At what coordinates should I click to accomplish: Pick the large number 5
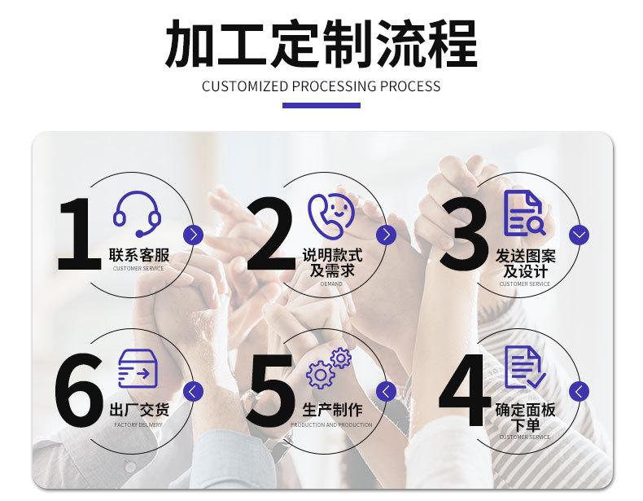[x=273, y=389]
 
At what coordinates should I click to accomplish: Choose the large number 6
[x=80, y=389]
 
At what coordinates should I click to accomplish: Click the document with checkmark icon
[x=524, y=367]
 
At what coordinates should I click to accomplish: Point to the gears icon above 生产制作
[x=329, y=367]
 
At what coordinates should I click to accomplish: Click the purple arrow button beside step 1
[x=193, y=235]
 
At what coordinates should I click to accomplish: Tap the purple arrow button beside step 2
[x=387, y=235]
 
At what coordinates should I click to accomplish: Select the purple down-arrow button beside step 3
[x=580, y=235]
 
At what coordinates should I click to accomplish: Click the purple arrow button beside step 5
[x=387, y=390]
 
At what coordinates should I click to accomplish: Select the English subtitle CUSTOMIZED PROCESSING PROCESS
[x=321, y=86]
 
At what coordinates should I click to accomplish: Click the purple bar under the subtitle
[x=321, y=105]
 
